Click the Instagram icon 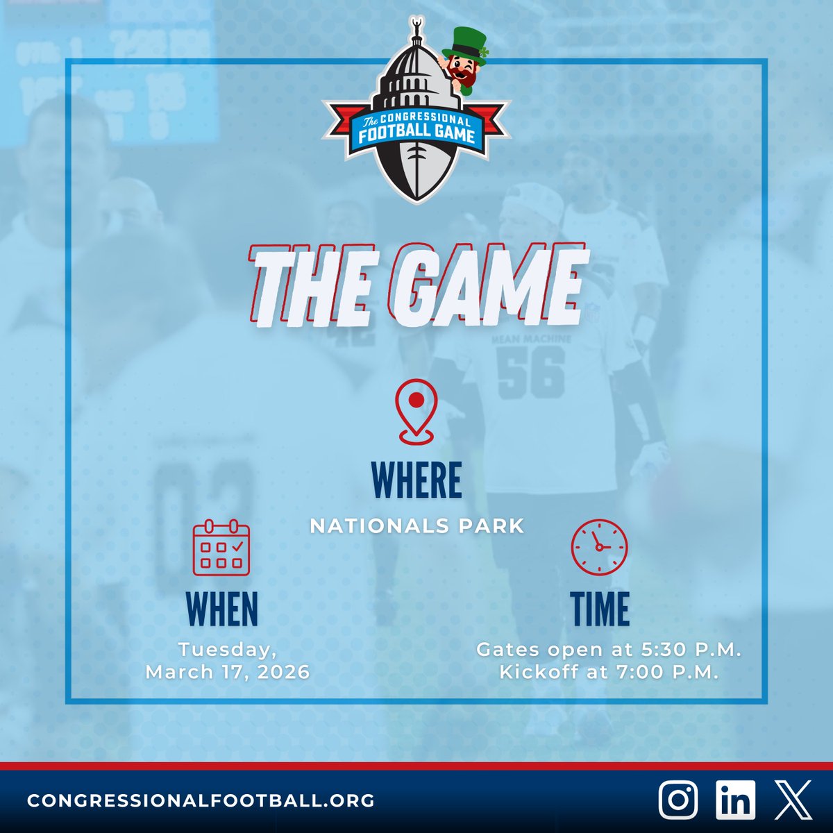[678, 800]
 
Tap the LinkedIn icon [736, 800]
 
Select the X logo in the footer [793, 800]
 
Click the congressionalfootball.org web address [201, 800]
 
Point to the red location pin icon [416, 414]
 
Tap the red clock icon [599, 547]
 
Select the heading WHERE [416, 480]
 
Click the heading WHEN [221, 609]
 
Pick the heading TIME [600, 609]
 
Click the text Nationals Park [416, 526]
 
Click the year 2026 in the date [283, 673]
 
